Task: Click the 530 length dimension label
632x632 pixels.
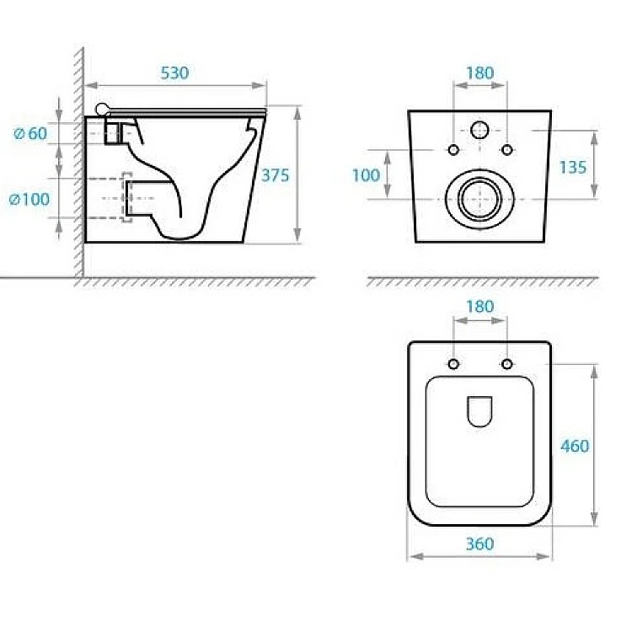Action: pos(174,73)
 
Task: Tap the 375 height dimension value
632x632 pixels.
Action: pos(276,175)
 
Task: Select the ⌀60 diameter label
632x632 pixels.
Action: pos(30,133)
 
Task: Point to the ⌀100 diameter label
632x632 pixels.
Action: pos(29,199)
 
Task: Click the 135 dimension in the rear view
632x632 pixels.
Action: pos(573,168)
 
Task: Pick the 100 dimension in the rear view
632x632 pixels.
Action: pos(366,175)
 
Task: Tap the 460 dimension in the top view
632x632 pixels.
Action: pos(575,446)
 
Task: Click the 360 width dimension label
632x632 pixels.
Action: pos(479,544)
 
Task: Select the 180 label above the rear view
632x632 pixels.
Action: pos(479,73)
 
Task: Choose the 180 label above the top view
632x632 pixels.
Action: pos(479,307)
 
